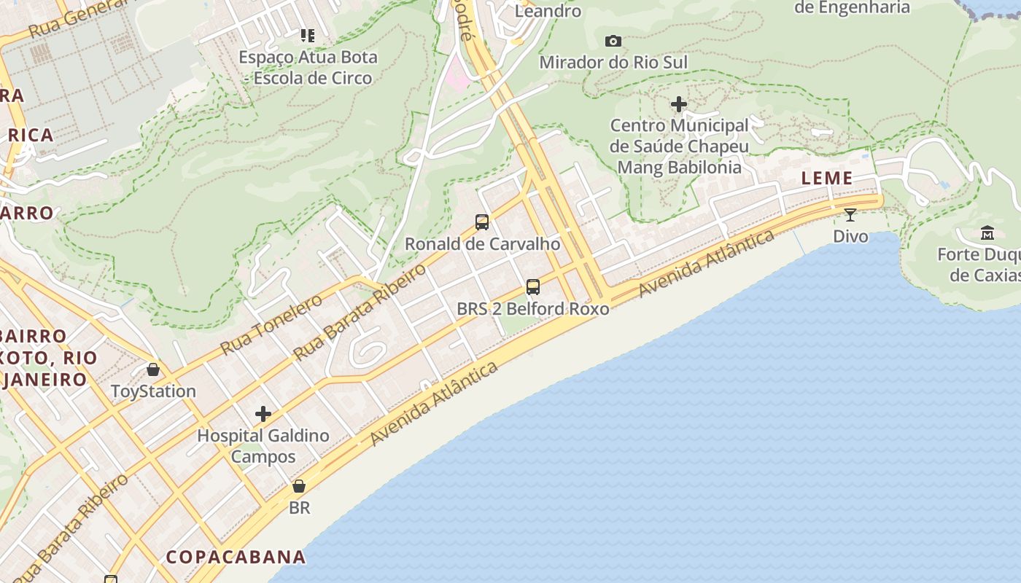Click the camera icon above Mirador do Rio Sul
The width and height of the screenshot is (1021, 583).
click(x=613, y=41)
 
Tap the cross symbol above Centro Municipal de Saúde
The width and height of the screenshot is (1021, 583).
click(x=679, y=104)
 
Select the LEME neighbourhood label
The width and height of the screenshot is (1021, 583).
click(x=827, y=178)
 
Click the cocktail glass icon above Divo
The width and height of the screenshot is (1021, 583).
click(x=850, y=214)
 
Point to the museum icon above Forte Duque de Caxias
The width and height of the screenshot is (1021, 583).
click(x=987, y=233)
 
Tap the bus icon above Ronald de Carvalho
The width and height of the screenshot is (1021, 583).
click(x=482, y=222)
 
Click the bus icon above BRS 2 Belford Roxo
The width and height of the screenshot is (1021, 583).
click(x=533, y=286)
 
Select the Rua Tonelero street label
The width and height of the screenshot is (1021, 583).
click(x=271, y=324)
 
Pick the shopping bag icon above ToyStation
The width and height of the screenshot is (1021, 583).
click(x=153, y=369)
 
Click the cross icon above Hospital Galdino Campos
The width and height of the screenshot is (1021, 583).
click(x=263, y=415)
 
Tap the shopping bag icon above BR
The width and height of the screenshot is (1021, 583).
click(x=299, y=485)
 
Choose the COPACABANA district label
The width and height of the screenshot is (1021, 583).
click(x=236, y=557)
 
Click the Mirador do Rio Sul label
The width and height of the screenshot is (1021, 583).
click(x=613, y=63)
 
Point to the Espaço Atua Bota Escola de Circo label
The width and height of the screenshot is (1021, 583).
click(x=308, y=67)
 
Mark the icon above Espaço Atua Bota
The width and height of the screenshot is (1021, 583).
click(x=308, y=35)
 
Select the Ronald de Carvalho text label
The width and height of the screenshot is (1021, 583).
click(x=483, y=244)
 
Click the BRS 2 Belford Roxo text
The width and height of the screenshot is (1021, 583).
click(x=533, y=309)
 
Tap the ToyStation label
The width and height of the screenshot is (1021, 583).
click(x=154, y=391)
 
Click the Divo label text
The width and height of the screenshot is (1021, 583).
click(x=851, y=236)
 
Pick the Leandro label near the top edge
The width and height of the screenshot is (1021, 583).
click(x=548, y=11)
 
